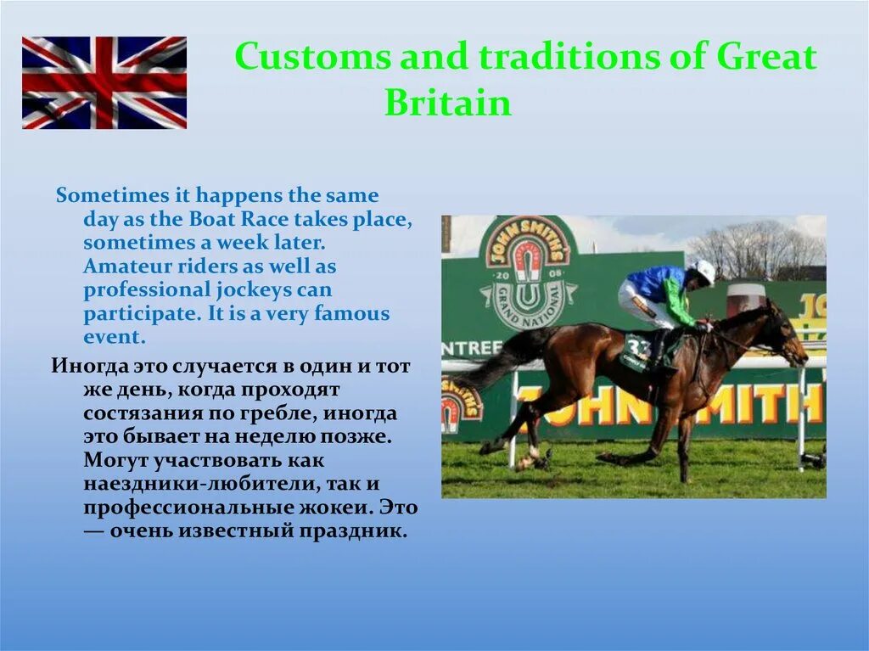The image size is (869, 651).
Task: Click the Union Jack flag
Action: [x=104, y=82]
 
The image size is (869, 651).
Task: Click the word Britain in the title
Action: [x=448, y=104]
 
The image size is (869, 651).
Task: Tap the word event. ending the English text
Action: [x=115, y=337]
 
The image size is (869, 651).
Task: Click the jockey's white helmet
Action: [x=704, y=270]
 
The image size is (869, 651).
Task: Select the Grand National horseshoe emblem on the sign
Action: [x=526, y=272]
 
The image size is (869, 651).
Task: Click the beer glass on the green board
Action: [x=745, y=299]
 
